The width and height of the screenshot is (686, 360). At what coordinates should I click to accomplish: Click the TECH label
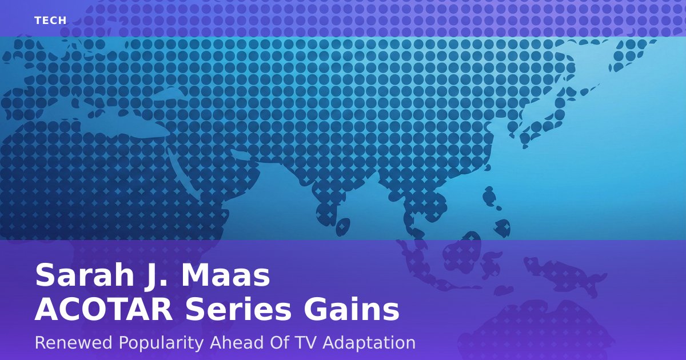tap(50, 21)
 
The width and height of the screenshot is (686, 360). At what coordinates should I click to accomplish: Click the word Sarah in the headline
tap(85, 275)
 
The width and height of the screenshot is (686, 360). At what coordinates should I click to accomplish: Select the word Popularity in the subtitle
tap(161, 343)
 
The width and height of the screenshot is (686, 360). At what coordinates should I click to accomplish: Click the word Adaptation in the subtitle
tap(369, 343)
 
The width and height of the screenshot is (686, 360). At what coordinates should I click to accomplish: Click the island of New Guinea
tap(564, 275)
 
